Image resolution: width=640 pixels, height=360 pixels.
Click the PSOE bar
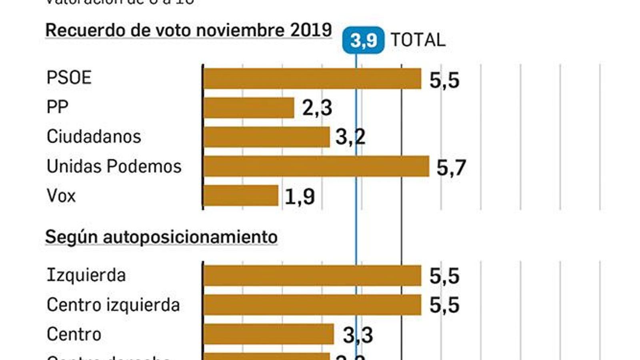(x=312, y=78)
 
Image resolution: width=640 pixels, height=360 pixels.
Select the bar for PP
(x=249, y=108)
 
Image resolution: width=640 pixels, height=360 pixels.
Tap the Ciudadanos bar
(x=266, y=137)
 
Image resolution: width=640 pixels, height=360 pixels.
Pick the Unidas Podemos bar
(x=316, y=166)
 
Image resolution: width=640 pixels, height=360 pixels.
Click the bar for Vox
(x=241, y=196)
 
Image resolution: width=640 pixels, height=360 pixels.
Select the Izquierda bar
(x=312, y=276)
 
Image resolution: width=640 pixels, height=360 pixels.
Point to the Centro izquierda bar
(x=312, y=305)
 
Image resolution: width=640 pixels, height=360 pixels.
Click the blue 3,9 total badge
(x=363, y=40)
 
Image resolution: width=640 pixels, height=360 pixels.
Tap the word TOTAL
(x=418, y=40)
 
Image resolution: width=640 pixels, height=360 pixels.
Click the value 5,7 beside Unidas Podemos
(x=451, y=167)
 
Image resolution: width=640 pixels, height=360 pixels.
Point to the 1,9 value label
(x=300, y=196)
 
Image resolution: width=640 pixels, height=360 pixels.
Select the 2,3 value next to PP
(x=317, y=108)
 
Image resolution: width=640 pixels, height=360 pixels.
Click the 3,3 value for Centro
(x=358, y=335)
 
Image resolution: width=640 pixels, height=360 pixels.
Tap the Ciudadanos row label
(x=94, y=137)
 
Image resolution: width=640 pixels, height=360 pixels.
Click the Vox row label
(x=61, y=196)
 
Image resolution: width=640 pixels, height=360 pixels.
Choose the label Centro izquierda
(x=113, y=305)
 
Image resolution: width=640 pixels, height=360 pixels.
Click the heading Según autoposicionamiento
(x=161, y=237)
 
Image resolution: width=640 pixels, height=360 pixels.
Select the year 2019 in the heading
(x=311, y=30)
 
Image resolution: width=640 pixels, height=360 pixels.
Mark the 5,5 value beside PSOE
(x=444, y=80)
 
